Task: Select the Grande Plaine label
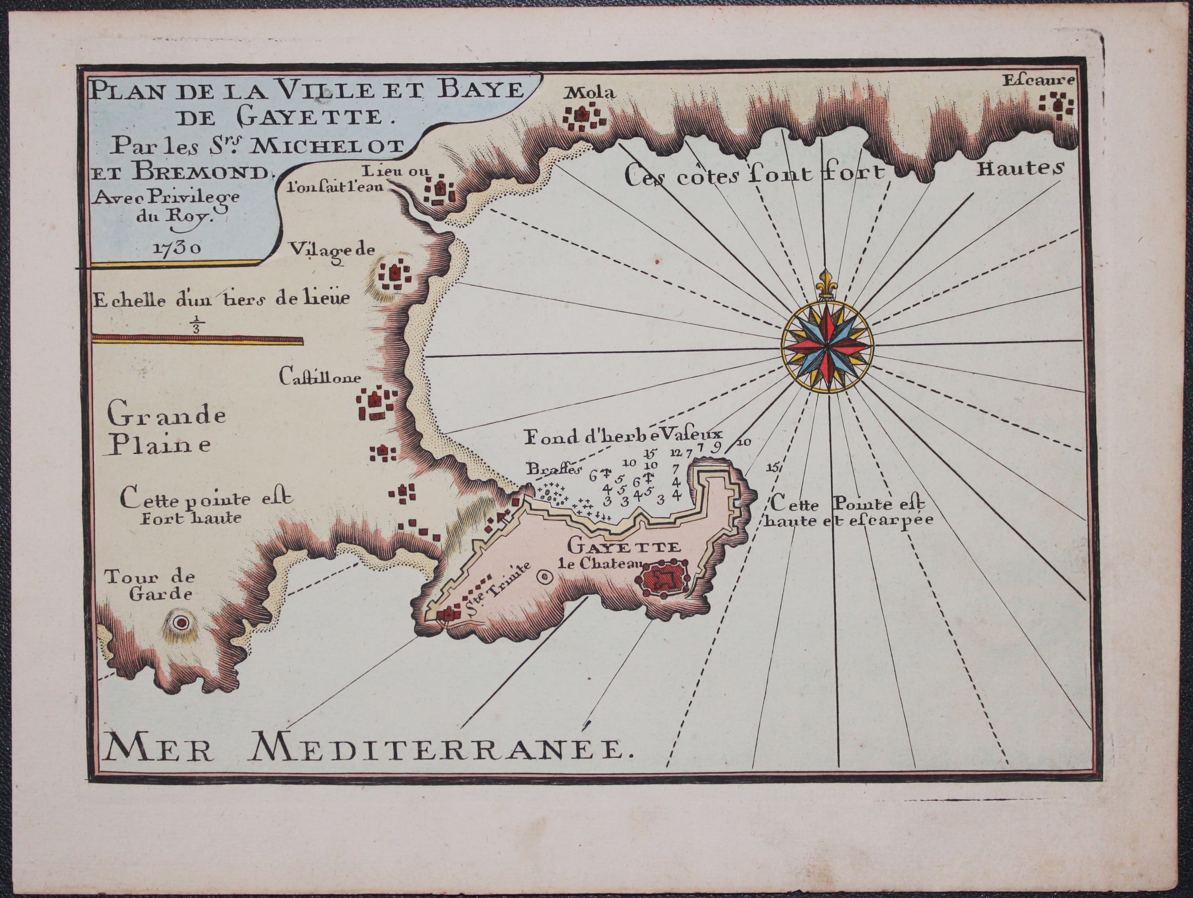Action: (167, 431)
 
